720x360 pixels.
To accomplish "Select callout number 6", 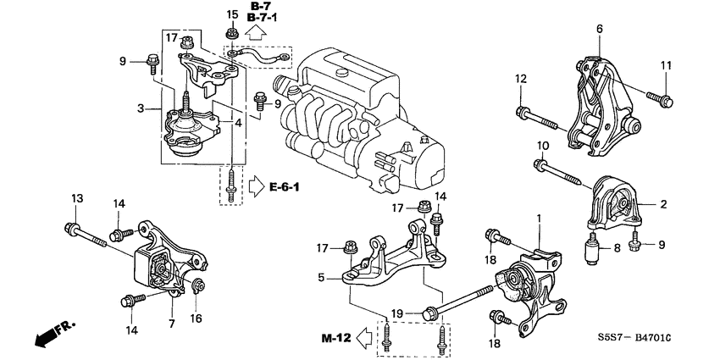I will click(599, 29).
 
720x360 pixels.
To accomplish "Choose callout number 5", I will click(323, 276).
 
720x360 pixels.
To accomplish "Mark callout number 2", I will click(663, 204).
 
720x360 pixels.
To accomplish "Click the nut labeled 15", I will click(231, 35).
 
